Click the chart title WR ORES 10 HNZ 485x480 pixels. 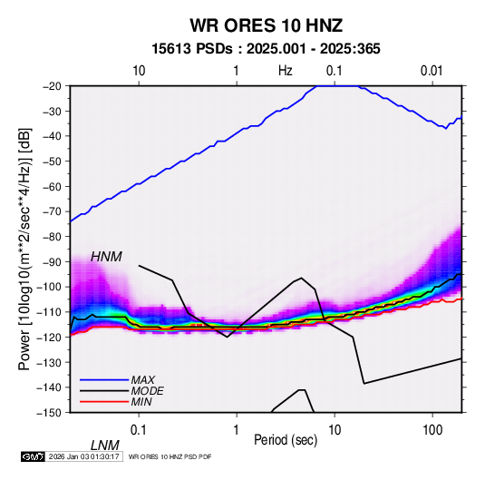coord(266,25)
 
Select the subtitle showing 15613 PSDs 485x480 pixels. coord(266,49)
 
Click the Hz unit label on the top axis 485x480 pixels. coord(286,71)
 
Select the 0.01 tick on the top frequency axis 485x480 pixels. coord(432,71)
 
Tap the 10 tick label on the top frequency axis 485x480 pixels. coord(139,71)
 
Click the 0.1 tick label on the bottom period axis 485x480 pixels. coord(139,429)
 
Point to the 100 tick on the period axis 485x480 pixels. coord(432,429)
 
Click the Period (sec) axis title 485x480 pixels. coord(286,440)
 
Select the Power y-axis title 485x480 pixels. coord(24,249)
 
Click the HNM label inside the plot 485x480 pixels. coord(106,257)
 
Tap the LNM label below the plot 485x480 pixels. coord(104,446)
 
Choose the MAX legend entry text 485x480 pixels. coord(143,379)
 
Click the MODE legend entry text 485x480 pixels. coord(147,391)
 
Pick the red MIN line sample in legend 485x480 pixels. coord(104,402)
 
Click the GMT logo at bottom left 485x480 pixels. coord(34,456)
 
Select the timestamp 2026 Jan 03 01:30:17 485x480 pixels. coord(84,456)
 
